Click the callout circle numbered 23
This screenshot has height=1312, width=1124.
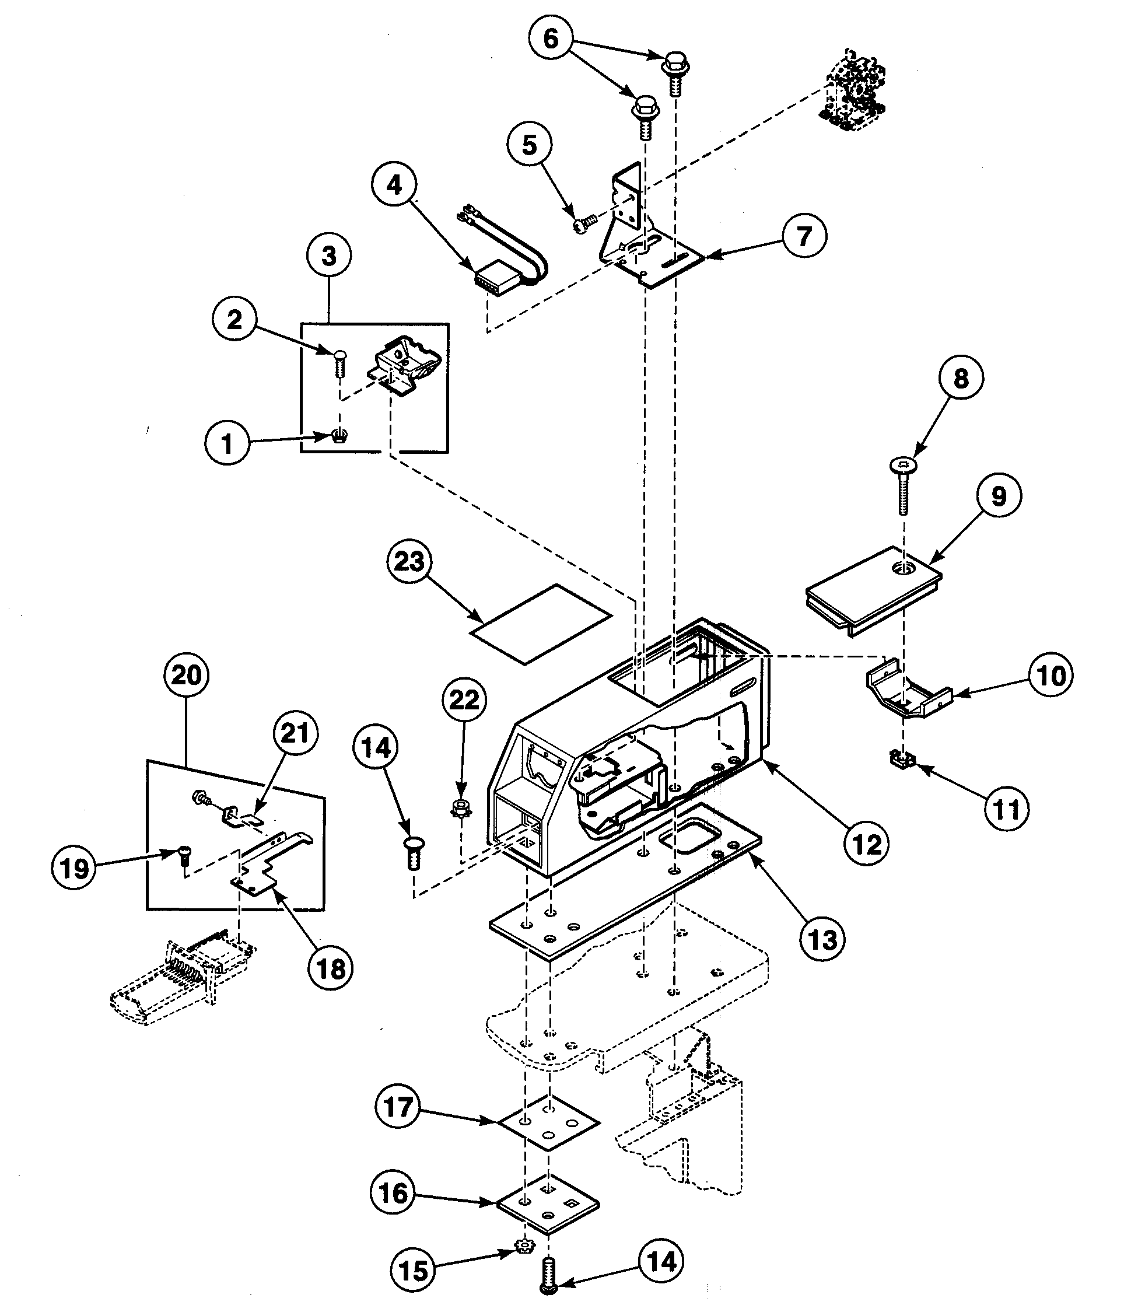[408, 561]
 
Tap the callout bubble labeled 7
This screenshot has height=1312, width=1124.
[804, 236]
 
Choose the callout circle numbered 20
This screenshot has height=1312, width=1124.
[186, 675]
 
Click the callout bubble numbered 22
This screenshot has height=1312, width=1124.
[464, 699]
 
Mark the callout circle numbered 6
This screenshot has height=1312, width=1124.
[551, 39]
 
